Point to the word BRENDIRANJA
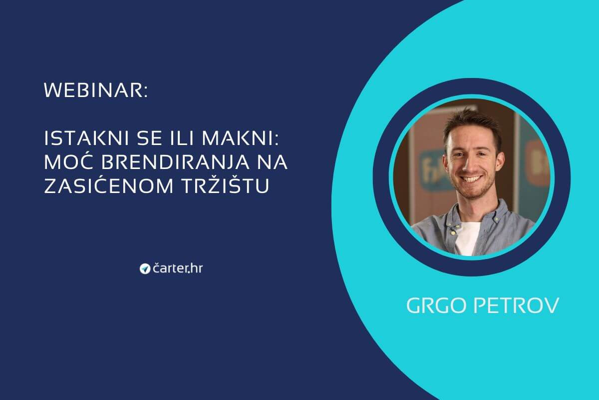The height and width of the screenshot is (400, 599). [175, 162]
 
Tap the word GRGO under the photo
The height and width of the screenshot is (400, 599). [436, 305]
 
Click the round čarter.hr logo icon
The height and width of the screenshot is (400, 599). [145, 268]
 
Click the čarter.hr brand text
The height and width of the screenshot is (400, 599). [178, 268]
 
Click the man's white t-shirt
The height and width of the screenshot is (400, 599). [467, 237]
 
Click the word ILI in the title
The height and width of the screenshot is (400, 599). [182, 138]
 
